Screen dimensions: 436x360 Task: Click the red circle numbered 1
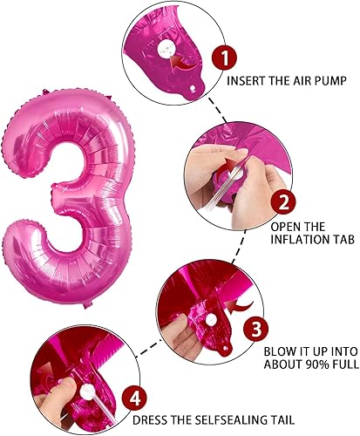click(224, 59)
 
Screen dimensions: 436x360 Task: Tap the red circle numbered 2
click(282, 203)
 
